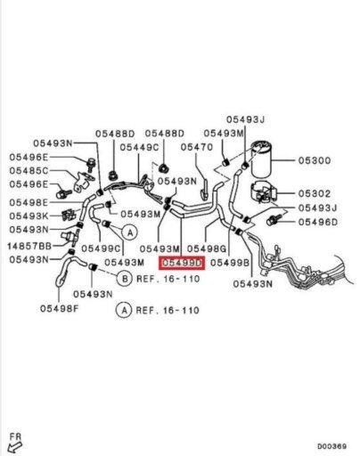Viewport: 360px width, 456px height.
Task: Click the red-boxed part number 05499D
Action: click(182, 263)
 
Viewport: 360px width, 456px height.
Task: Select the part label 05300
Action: click(315, 160)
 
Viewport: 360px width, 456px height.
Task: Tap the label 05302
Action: click(315, 194)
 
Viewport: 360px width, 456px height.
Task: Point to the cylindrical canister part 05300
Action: click(261, 159)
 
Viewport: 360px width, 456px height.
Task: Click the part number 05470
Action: click(197, 147)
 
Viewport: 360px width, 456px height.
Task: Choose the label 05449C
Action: click(139, 147)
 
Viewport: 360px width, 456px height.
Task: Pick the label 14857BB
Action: click(29, 246)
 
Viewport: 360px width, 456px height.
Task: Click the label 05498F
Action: click(60, 309)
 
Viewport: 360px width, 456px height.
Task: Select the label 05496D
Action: click(318, 222)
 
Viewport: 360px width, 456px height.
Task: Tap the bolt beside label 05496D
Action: click(273, 220)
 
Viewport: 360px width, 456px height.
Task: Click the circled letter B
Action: click(124, 279)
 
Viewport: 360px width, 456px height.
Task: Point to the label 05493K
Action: click(29, 216)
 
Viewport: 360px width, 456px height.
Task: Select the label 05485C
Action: click(29, 171)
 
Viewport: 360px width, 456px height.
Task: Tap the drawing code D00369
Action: click(331, 446)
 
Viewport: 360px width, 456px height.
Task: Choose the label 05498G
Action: click(207, 248)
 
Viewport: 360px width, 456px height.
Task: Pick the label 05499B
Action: click(230, 263)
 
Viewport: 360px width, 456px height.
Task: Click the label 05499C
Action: click(101, 248)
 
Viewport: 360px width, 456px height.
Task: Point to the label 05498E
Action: click(29, 202)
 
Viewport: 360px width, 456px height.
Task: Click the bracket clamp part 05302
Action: click(264, 191)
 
